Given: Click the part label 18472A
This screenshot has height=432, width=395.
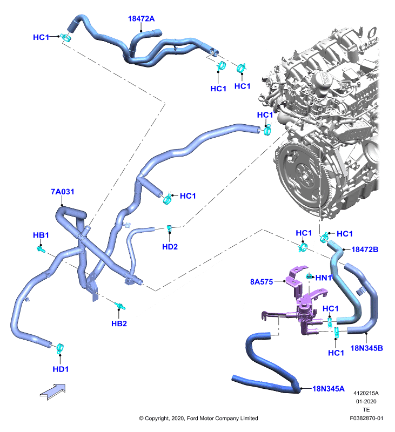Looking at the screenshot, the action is point(141,19).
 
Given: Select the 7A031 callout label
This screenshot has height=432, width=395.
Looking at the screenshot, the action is point(62,192).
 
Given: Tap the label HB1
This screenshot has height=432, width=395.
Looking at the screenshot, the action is point(41,235).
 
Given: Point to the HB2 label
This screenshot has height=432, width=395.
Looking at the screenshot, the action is point(119,323).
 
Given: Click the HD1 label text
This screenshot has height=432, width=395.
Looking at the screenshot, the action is point(61,369).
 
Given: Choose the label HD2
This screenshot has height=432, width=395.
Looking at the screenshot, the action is point(170,247).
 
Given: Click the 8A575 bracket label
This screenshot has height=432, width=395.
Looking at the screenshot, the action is point(262,281).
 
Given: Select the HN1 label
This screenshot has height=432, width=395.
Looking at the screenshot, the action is point(323,278).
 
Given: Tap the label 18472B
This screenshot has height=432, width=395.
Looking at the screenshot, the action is point(365,249).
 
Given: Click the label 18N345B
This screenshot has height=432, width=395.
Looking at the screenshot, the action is point(367,348).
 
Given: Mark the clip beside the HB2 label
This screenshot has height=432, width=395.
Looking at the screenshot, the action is point(120,307).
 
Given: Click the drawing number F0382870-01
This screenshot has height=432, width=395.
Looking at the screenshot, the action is point(366,418).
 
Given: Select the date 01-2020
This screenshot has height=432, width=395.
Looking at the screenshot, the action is point(366,401).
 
